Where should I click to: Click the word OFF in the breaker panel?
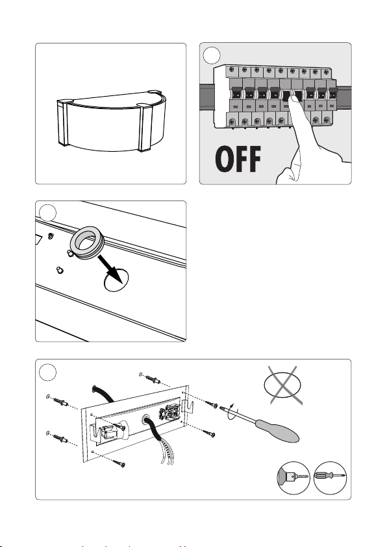tap(238, 160)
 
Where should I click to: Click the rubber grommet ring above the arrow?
tap(87, 243)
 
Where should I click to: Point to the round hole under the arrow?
tap(116, 280)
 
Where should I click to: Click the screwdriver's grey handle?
tap(277, 432)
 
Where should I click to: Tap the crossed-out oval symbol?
tap(282, 385)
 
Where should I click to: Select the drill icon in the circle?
tap(293, 478)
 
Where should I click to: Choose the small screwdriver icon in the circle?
tap(330, 478)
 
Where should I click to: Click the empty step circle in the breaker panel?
tap(212, 55)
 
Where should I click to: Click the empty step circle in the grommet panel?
tap(47, 212)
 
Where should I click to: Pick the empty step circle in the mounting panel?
tap(47, 372)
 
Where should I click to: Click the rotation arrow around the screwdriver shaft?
tap(231, 411)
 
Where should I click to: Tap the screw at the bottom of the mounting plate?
tap(119, 463)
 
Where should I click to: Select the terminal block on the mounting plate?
tap(169, 414)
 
